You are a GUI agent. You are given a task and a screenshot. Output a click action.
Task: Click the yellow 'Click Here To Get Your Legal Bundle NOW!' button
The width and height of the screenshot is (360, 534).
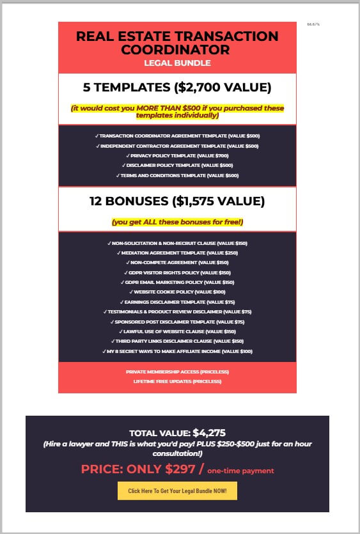(x=177, y=491)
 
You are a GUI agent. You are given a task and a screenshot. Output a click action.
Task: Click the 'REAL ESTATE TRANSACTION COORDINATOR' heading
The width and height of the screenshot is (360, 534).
(x=177, y=42)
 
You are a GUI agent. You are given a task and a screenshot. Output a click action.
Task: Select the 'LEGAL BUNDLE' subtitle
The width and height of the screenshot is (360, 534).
(x=177, y=63)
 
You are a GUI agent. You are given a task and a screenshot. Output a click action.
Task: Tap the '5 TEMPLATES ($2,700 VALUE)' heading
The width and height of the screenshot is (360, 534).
(x=177, y=88)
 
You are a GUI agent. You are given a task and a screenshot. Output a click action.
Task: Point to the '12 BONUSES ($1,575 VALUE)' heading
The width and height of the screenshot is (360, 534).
(x=177, y=201)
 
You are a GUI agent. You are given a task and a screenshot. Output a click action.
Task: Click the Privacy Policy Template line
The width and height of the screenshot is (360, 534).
(x=177, y=155)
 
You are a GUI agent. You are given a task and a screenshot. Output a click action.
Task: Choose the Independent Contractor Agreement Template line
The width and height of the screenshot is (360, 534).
(x=177, y=146)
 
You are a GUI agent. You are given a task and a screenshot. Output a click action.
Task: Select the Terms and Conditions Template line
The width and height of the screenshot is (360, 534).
(x=177, y=175)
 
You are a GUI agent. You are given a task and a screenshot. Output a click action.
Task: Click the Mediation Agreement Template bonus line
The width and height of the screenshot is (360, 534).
(x=177, y=253)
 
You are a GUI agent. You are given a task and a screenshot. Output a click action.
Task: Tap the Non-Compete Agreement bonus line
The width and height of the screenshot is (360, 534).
(x=177, y=262)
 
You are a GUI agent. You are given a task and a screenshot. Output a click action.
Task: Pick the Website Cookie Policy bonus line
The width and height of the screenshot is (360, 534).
(x=177, y=292)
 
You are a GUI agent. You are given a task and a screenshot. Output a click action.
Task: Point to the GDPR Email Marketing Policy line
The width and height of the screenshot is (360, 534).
(x=177, y=282)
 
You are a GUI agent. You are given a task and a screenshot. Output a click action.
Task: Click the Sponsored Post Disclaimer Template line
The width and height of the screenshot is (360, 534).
(x=177, y=322)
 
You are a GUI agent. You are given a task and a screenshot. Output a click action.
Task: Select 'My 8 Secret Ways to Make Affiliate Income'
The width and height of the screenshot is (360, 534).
(x=177, y=351)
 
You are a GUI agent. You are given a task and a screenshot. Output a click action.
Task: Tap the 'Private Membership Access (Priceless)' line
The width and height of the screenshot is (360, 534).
(x=177, y=372)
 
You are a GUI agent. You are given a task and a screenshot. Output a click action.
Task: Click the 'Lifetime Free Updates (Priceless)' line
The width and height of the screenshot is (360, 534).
(x=177, y=381)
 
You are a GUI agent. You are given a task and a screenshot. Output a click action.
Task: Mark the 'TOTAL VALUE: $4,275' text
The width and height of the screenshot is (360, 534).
(x=177, y=433)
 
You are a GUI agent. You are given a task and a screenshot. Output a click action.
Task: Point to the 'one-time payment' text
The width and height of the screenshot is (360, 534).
(x=240, y=471)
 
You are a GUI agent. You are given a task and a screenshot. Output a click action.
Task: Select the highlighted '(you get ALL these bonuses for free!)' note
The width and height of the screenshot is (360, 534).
(x=177, y=222)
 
